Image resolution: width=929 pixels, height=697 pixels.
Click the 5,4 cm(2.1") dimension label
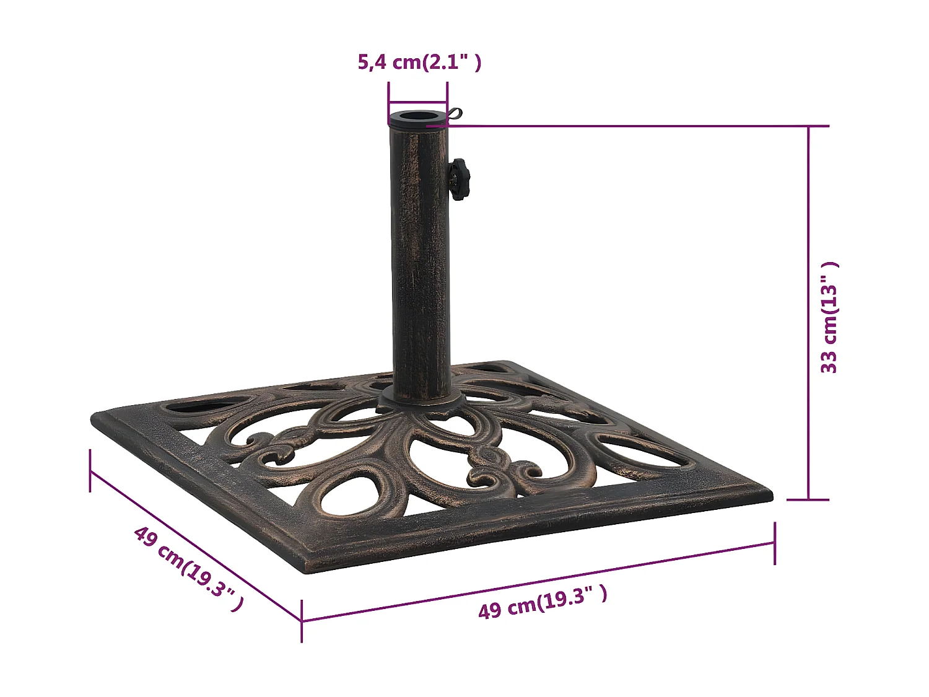tap(419, 62)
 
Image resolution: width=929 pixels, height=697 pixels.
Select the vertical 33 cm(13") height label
tap(829, 317)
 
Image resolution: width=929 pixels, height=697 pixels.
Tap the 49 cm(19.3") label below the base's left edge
tap(188, 569)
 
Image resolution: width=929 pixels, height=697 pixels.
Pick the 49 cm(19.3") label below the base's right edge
tap(543, 602)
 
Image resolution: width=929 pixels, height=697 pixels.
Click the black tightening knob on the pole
tap(459, 179)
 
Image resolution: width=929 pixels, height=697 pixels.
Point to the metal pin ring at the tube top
tap(455, 115)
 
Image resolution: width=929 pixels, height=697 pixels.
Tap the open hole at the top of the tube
tap(417, 116)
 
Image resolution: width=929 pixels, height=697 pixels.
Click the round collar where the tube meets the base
tap(421, 400)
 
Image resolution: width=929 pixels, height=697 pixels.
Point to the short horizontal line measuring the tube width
tap(417, 103)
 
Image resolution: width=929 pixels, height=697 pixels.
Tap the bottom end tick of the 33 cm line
tap(808, 499)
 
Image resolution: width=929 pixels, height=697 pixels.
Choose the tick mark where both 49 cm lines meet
tap(302, 620)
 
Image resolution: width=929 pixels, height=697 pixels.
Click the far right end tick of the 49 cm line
tap(775, 543)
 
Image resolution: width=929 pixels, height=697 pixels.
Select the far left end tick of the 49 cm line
tap(90, 470)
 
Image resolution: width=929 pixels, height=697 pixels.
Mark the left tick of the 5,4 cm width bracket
tap(388, 102)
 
